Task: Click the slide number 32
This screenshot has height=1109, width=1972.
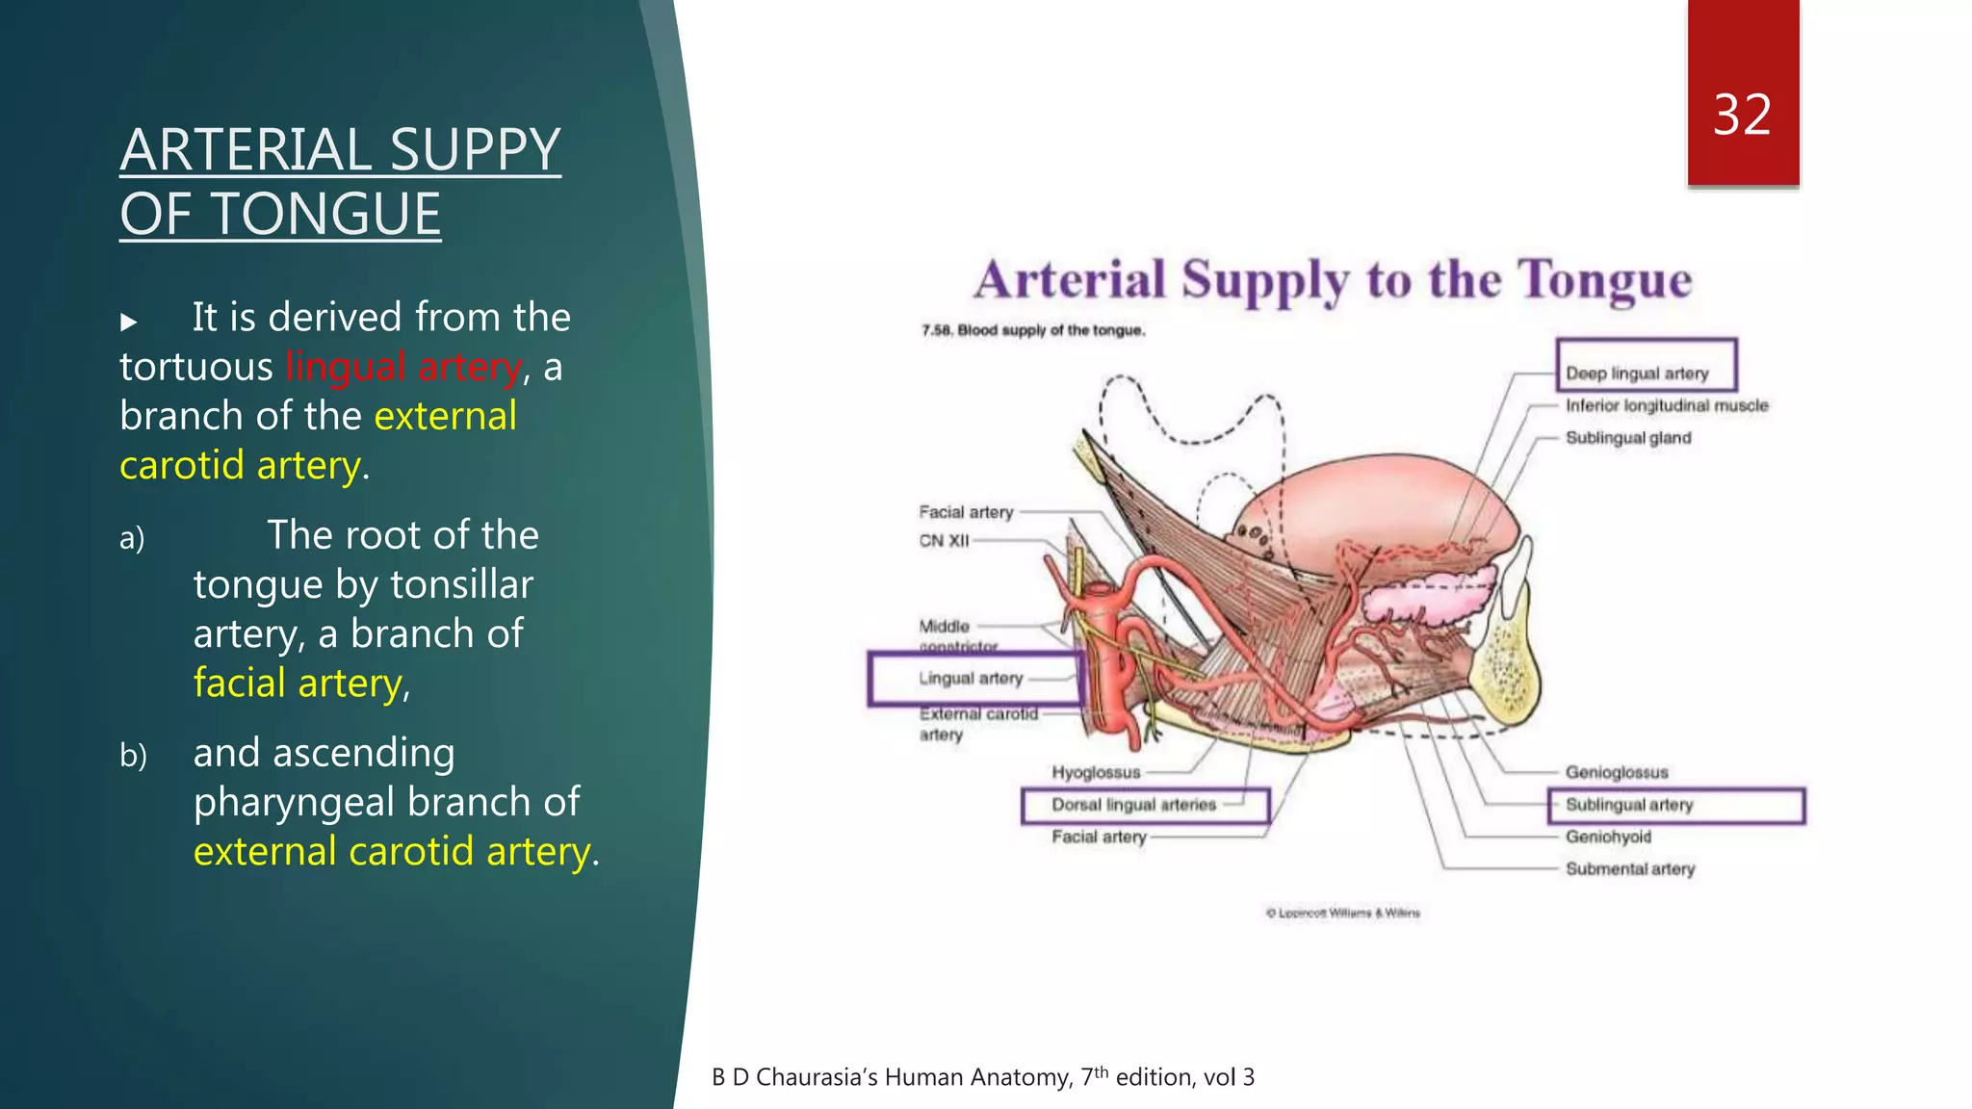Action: click(1742, 116)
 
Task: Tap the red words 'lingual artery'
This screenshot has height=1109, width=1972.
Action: click(403, 367)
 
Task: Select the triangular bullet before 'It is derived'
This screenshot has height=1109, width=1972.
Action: click(129, 322)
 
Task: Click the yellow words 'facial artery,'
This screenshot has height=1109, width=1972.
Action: click(301, 683)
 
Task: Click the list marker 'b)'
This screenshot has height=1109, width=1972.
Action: click(134, 756)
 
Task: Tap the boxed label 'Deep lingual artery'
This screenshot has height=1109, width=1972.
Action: click(1637, 374)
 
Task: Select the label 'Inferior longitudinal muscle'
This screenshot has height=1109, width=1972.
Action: click(1667, 406)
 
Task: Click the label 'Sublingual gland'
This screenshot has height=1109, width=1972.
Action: click(1627, 438)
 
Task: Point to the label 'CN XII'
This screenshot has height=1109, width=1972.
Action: click(944, 541)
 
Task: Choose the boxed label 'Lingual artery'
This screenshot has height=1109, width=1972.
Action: click(971, 679)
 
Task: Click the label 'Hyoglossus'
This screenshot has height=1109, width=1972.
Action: click(1096, 773)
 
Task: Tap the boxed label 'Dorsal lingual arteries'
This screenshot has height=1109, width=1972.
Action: click(1133, 805)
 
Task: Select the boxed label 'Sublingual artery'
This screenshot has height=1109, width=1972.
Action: click(1629, 805)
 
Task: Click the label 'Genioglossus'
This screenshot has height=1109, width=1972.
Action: click(1616, 773)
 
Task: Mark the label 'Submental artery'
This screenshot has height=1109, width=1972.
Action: click(1629, 869)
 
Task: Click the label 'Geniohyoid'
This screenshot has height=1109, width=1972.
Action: click(1608, 838)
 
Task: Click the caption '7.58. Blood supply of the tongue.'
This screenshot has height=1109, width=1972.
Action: click(1032, 330)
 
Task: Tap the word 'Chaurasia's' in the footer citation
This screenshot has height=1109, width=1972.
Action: click(816, 1077)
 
